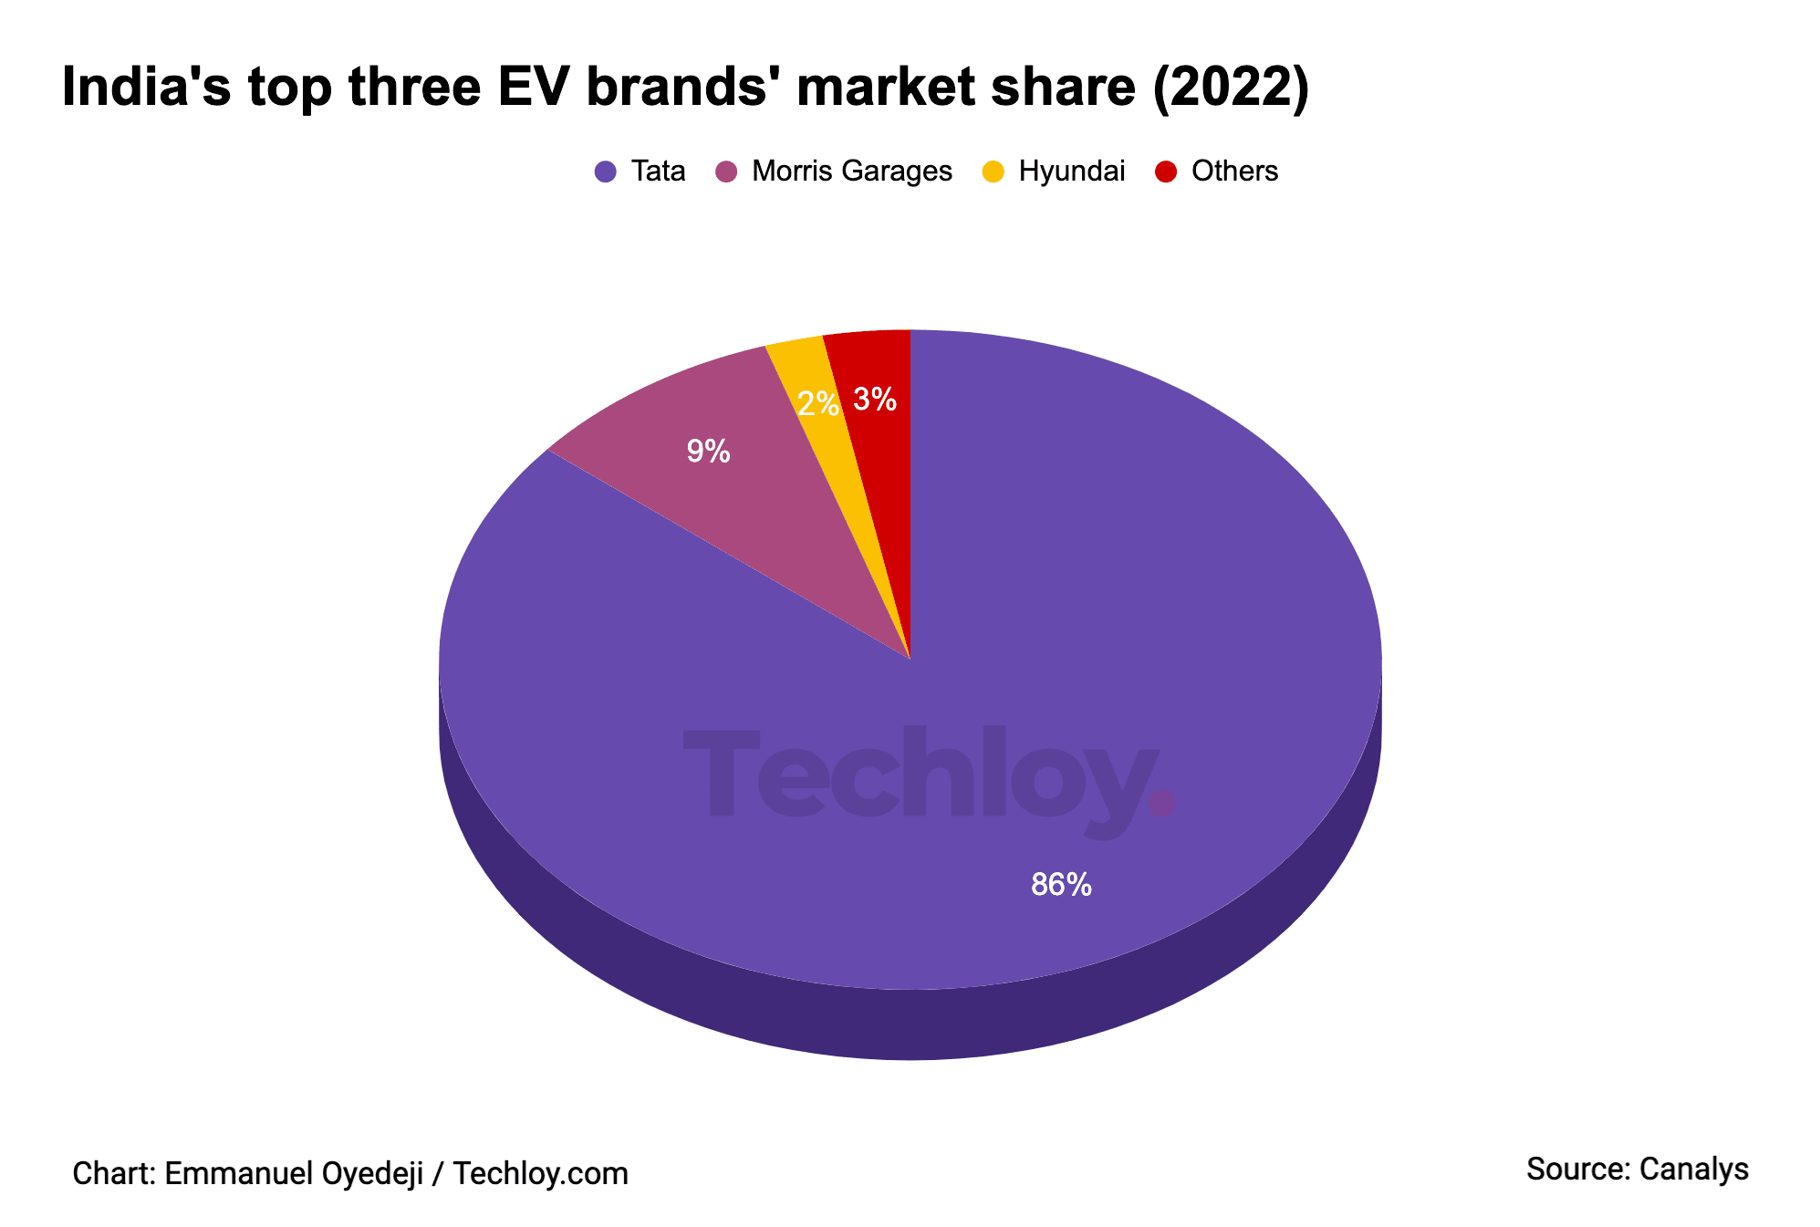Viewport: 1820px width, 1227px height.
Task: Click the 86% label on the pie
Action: (x=1060, y=884)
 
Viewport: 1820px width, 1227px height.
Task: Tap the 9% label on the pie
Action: (x=708, y=451)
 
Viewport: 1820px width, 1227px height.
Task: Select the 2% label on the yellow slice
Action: (x=817, y=403)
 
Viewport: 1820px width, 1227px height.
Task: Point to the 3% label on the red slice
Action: (x=874, y=399)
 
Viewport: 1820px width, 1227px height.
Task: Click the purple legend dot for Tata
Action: (x=605, y=172)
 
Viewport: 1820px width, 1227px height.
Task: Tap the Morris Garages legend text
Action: (x=851, y=172)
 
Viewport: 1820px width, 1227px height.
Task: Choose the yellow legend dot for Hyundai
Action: (x=993, y=172)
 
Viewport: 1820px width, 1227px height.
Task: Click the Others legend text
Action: (x=1234, y=172)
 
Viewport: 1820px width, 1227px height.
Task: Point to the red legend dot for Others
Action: (x=1165, y=172)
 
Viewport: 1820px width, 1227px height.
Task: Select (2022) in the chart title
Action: (x=1231, y=88)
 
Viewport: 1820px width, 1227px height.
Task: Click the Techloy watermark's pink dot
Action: (x=1162, y=803)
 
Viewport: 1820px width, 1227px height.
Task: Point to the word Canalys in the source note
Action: (x=1693, y=1169)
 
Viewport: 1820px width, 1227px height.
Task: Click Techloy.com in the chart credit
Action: (x=540, y=1173)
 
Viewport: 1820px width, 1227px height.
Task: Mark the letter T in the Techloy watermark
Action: (x=721, y=771)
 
